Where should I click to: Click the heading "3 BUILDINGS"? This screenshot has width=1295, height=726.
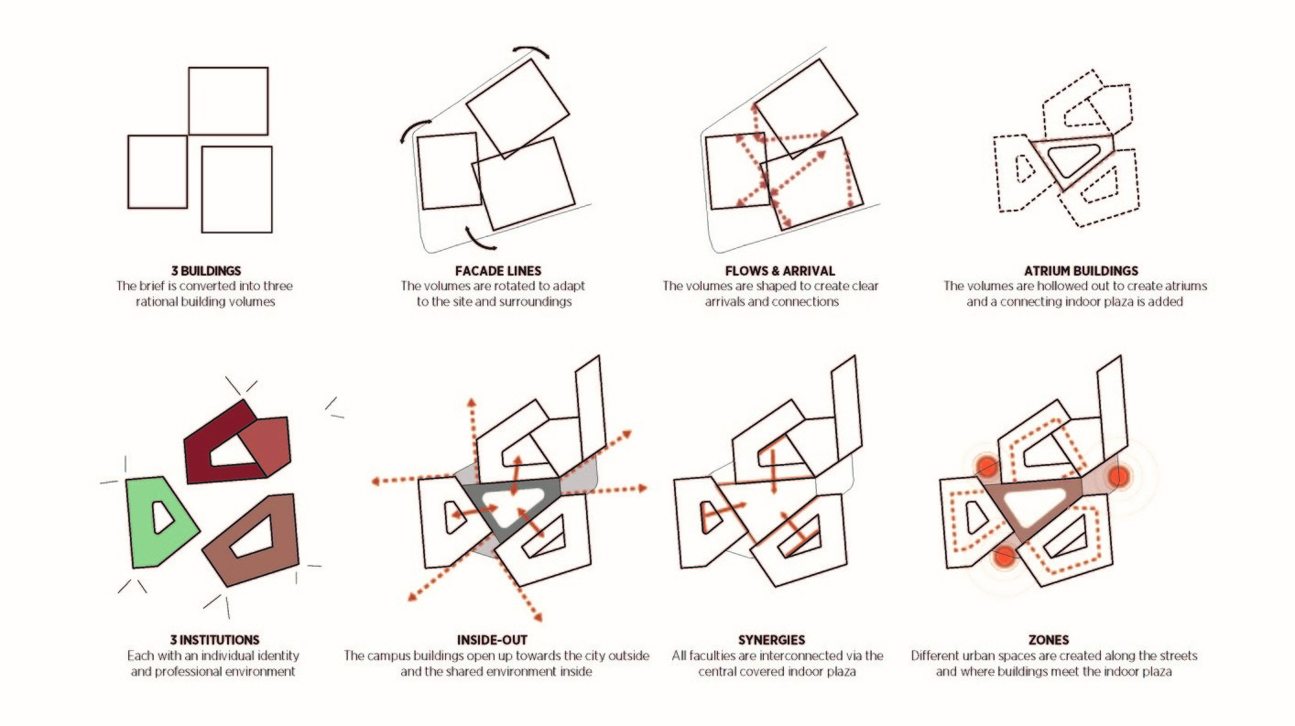pyautogui.click(x=206, y=271)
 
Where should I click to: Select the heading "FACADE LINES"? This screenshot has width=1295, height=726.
pyautogui.click(x=494, y=271)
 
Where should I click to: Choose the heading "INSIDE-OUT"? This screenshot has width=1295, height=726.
pyautogui.click(x=495, y=640)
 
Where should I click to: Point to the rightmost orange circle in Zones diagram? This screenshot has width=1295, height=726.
pyautogui.click(x=1118, y=476)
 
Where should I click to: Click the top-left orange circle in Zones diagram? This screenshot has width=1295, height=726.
pyautogui.click(x=985, y=467)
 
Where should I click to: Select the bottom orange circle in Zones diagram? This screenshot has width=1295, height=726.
pyautogui.click(x=1005, y=555)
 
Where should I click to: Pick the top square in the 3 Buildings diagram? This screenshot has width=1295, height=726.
pyautogui.click(x=228, y=101)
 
